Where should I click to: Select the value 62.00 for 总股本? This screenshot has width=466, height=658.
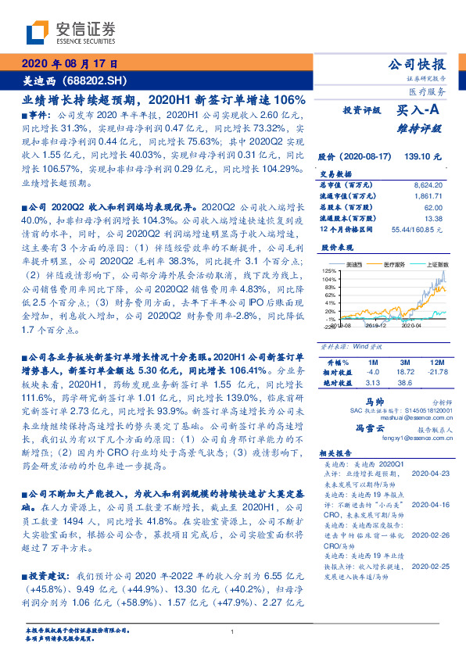(433, 207)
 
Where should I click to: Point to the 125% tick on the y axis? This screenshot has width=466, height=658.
(328, 270)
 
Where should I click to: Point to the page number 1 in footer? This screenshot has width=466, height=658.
(233, 632)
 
